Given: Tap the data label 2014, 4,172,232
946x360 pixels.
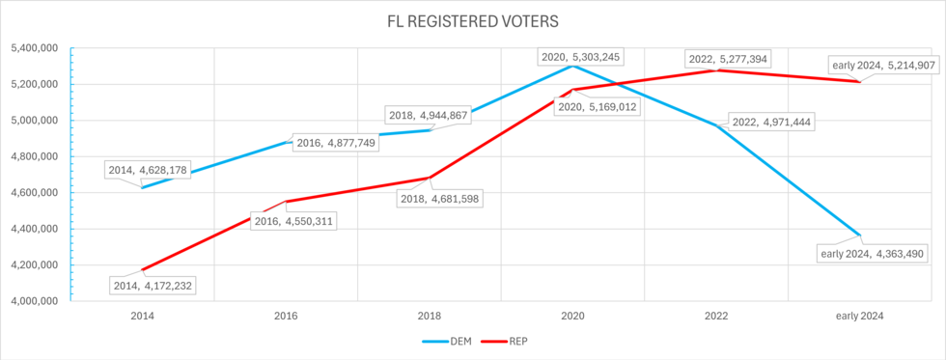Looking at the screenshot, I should [156, 286].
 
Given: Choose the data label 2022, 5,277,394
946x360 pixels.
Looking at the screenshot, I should [728, 59].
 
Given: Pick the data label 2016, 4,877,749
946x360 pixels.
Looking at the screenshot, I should [337, 142].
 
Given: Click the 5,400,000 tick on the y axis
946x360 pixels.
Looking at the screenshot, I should [36, 48].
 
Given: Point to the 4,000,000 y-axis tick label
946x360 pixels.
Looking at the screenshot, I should [36, 301].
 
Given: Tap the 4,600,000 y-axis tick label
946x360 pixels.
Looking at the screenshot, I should [36, 193].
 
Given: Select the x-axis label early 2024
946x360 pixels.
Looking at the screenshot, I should [859, 316].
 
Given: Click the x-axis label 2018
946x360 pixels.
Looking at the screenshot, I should [429, 316].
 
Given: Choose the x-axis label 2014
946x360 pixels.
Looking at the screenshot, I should [141, 316].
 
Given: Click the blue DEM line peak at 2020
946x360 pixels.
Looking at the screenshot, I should [572, 66].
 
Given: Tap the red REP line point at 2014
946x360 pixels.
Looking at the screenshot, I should [141, 270].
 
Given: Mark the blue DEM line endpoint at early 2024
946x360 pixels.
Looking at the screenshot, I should [859, 235].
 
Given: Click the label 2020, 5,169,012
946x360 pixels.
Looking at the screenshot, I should [598, 106].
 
